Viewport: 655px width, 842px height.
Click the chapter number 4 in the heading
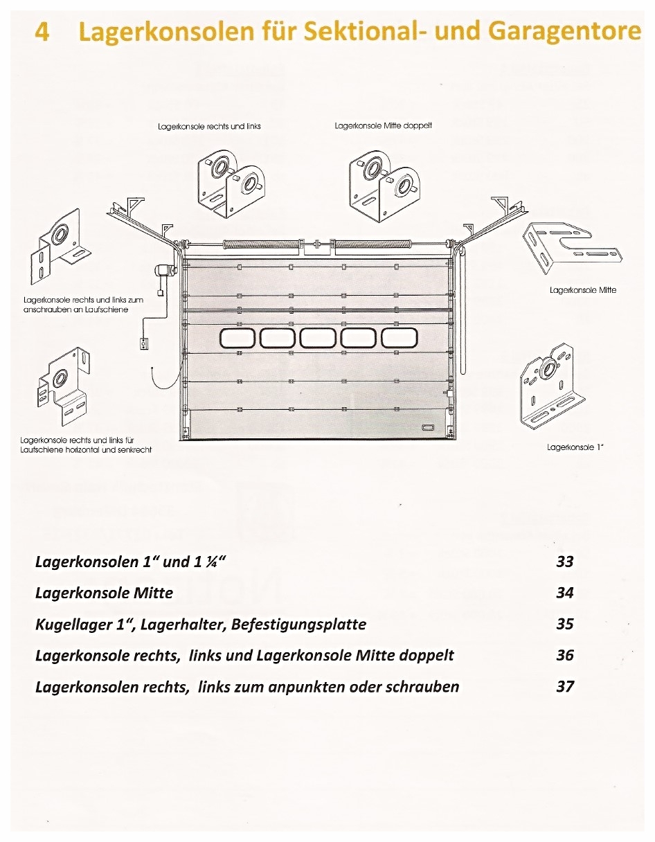[x=42, y=31]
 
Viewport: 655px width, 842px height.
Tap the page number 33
[x=565, y=561]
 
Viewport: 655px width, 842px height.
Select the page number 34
[x=565, y=593]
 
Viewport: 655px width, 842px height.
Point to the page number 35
[x=565, y=624]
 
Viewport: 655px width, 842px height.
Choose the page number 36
[x=565, y=655]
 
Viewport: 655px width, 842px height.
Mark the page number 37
[x=565, y=686]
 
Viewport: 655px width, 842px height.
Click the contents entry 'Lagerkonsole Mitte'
[x=104, y=593]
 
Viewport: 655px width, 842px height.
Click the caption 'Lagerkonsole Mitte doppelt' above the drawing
[x=383, y=126]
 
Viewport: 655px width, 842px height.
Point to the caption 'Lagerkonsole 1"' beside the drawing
[x=575, y=447]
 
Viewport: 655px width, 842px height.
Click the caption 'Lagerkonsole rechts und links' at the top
[x=209, y=127]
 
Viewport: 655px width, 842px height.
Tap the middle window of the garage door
[x=318, y=338]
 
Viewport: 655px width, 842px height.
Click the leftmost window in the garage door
[x=238, y=338]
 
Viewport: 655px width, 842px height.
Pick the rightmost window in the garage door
[x=400, y=338]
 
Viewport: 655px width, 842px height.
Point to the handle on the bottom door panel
[x=427, y=427]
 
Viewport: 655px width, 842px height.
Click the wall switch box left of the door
[x=144, y=343]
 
